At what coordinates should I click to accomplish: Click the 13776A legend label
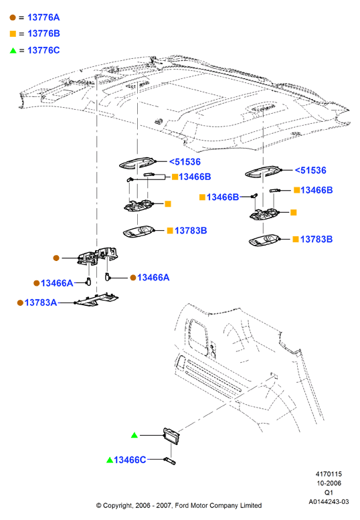(x=43, y=17)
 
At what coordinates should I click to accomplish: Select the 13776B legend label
(x=43, y=33)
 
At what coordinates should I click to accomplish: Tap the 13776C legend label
(x=43, y=50)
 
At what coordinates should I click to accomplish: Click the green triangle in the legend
(x=13, y=50)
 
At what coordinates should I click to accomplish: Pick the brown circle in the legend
(x=13, y=17)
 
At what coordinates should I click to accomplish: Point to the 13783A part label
(x=40, y=302)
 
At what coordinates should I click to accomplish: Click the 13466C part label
(x=130, y=460)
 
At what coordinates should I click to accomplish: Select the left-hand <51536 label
(x=185, y=162)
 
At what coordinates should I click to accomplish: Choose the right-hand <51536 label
(x=310, y=171)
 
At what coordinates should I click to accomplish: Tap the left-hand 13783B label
(x=191, y=230)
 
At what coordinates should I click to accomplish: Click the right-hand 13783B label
(x=317, y=239)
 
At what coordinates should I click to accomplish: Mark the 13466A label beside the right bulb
(x=153, y=277)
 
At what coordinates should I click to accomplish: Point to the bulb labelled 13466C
(x=169, y=460)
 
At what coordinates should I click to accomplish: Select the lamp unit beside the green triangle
(x=171, y=436)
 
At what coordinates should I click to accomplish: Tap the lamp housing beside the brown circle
(x=98, y=256)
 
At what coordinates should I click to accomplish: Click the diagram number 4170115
(x=329, y=474)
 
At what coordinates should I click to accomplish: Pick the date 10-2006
(x=329, y=483)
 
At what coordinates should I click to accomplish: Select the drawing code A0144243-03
(x=329, y=502)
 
